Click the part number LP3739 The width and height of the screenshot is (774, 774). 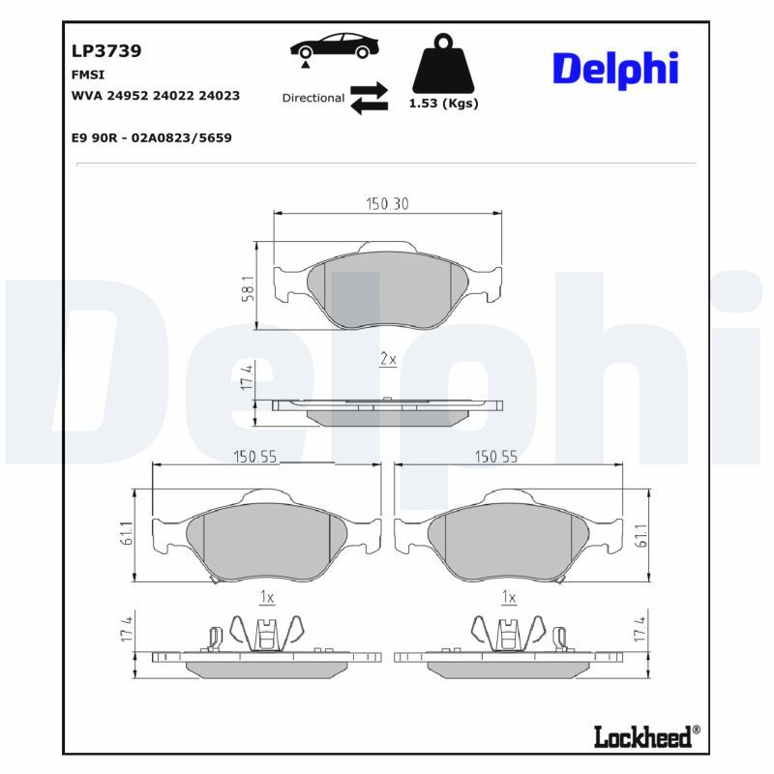click(x=106, y=51)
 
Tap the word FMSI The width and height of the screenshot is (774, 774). click(x=88, y=74)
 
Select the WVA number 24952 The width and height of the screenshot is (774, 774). click(x=128, y=95)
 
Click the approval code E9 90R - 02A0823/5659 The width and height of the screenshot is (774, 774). click(x=152, y=137)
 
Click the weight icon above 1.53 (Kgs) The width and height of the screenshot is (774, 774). click(x=443, y=63)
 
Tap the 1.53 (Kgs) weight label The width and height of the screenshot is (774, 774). click(x=444, y=104)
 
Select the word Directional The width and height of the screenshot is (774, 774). click(x=313, y=98)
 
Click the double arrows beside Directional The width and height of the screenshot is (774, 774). click(x=370, y=98)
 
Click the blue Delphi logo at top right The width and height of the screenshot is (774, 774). click(x=615, y=69)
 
